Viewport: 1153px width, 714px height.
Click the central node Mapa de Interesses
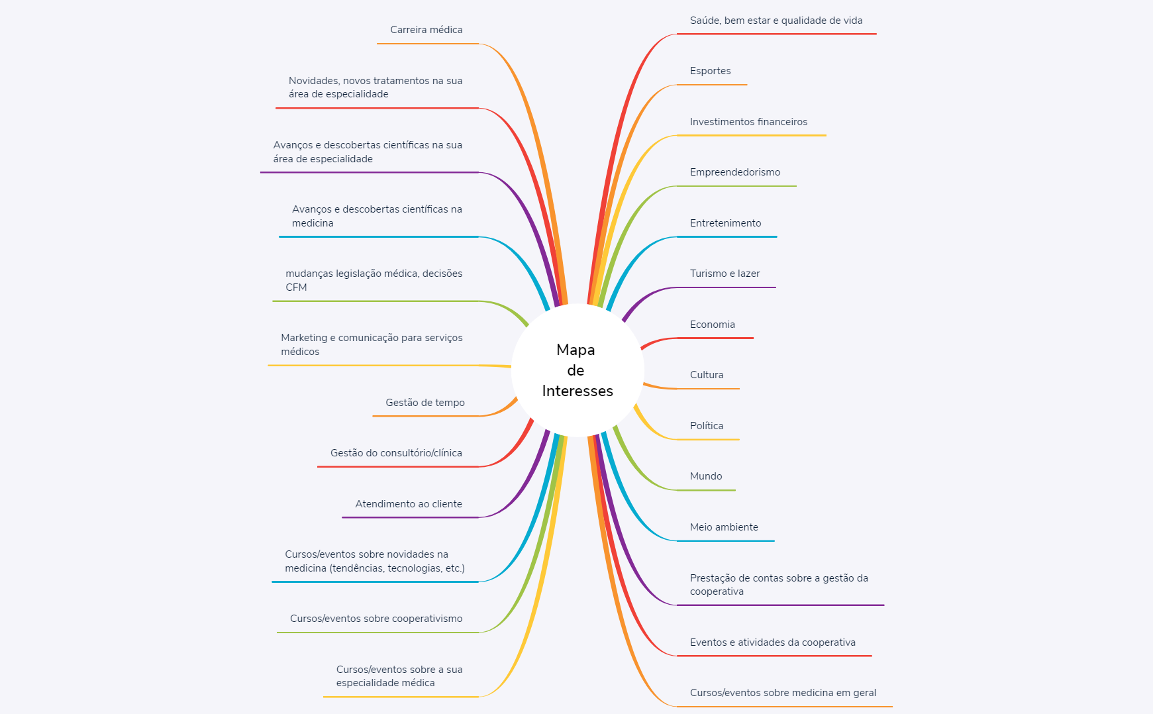pyautogui.click(x=577, y=370)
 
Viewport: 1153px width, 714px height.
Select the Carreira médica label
pyautogui.click(x=426, y=30)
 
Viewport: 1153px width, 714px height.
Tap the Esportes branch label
pyautogui.click(x=710, y=71)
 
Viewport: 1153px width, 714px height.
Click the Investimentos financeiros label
pyautogui.click(x=748, y=122)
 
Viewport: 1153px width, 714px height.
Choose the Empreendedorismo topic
pyautogui.click(x=734, y=172)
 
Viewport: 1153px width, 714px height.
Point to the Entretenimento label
pyautogui.click(x=725, y=223)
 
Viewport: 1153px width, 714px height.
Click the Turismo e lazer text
pyautogui.click(x=725, y=274)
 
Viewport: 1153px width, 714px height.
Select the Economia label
pyautogui.click(x=712, y=325)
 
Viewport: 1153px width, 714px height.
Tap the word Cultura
pyautogui.click(x=706, y=375)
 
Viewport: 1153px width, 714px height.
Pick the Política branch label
pyautogui.click(x=706, y=426)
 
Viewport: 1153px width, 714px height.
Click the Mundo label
pyautogui.click(x=705, y=476)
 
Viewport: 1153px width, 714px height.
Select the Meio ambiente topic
pyautogui.click(x=724, y=527)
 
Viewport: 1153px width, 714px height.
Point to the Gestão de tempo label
pyautogui.click(x=425, y=403)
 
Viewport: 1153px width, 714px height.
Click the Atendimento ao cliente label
pyautogui.click(x=409, y=504)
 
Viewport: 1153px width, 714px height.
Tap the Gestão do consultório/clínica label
pyautogui.click(x=396, y=453)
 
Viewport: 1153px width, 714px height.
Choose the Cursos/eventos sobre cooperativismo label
pyautogui.click(x=376, y=619)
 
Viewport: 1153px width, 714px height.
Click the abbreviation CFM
pyautogui.click(x=296, y=287)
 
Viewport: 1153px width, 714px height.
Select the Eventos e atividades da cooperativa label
pyautogui.click(x=772, y=642)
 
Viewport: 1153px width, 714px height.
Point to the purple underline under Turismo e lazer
pyautogui.click(x=725, y=287)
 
